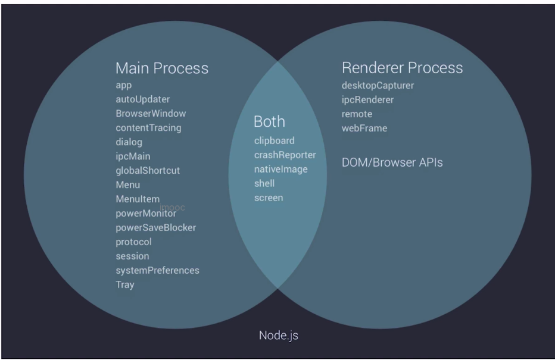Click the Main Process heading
coord(162,68)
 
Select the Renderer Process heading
coord(402,68)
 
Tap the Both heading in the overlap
coord(269,121)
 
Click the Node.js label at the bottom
coord(278,335)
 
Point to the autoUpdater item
coord(142,99)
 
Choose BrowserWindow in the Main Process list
coord(151,114)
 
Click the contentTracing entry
coord(148,128)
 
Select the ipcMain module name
coord(133,156)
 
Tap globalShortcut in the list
coord(147,171)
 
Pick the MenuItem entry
coord(138,199)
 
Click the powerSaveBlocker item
coord(155,228)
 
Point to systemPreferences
coord(157,271)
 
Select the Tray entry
coord(125,285)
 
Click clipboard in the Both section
coord(274,141)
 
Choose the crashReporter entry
coord(285,155)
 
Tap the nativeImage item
coord(280,170)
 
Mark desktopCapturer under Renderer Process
coord(378,86)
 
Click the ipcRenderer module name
coord(367,100)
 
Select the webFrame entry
coord(364,129)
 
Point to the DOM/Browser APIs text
coord(392,162)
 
